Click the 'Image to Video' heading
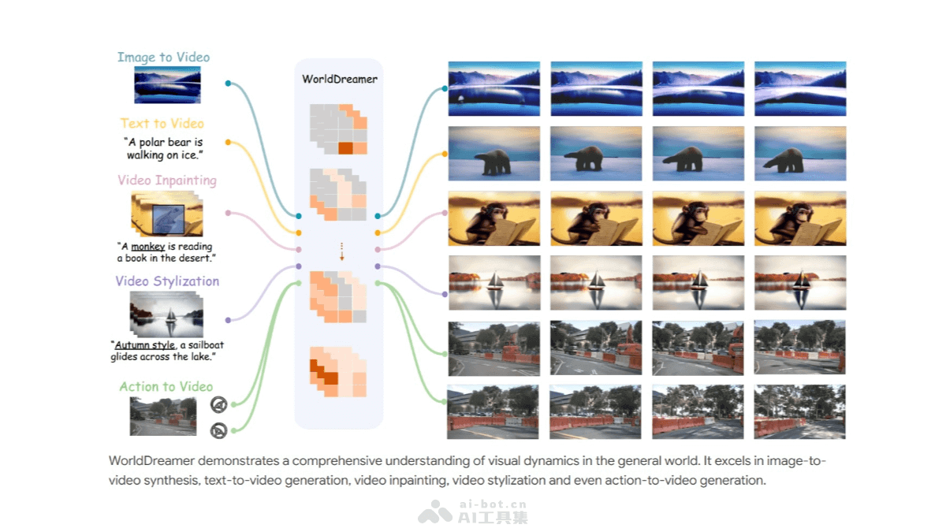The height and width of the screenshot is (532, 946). [x=163, y=57]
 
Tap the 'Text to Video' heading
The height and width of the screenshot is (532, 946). [x=162, y=123]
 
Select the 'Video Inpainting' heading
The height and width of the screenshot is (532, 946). [x=167, y=180]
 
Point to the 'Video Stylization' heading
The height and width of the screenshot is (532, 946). [x=167, y=281]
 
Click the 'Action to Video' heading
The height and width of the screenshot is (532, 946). [x=166, y=386]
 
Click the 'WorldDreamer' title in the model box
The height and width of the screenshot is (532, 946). [x=340, y=79]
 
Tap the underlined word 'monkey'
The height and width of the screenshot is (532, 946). [x=148, y=247]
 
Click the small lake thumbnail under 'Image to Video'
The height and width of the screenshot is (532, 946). [x=167, y=84]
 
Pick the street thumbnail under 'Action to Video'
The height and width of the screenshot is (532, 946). [x=163, y=416]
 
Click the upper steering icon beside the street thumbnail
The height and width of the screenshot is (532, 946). [x=219, y=405]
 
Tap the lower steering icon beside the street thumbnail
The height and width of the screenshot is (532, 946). [x=219, y=430]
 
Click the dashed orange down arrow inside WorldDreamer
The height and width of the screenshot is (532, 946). [x=341, y=251]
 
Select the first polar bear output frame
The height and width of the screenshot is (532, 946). [x=493, y=154]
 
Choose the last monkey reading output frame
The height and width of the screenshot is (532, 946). [x=799, y=218]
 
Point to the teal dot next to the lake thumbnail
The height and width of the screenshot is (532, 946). [x=228, y=83]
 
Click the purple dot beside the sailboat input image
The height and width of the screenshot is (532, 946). [x=228, y=320]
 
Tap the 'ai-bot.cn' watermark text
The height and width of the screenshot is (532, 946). [x=493, y=504]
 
